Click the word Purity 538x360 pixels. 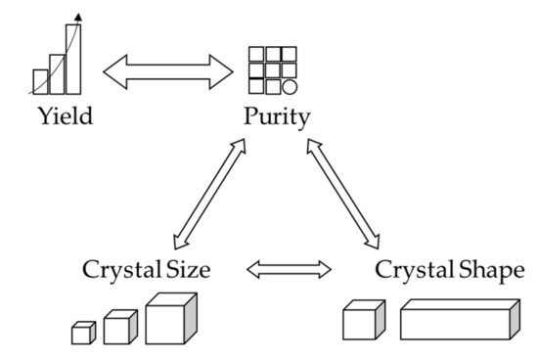point(278,118)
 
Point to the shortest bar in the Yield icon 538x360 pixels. point(40,81)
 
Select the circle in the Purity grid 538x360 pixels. point(291,87)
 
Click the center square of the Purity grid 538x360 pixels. point(273,70)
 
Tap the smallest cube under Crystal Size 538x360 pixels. point(82,334)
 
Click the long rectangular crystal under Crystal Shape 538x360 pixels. point(457,320)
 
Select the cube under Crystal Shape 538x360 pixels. point(361,322)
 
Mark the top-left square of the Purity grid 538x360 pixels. point(256,54)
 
